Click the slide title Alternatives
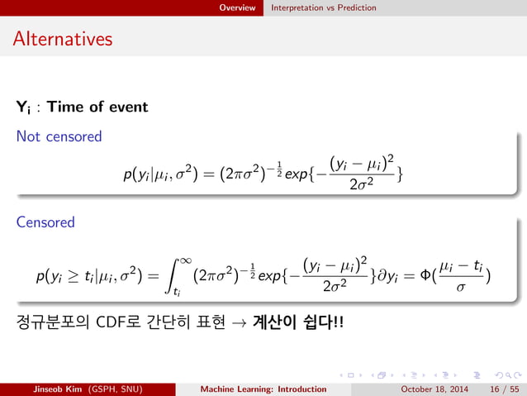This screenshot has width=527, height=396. pos(63,39)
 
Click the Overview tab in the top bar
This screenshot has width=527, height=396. pos(237,7)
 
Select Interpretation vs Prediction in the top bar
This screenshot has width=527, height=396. pos(324,7)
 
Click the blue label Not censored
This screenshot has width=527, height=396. pos(59,136)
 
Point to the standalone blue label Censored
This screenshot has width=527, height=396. pos(45,222)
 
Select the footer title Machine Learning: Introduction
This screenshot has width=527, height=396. pos(265,389)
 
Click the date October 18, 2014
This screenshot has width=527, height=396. pos(434,389)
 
